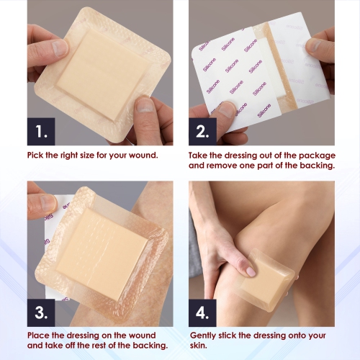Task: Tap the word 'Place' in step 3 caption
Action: (40, 336)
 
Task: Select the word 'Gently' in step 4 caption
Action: (205, 336)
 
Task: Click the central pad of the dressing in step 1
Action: (95, 72)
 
